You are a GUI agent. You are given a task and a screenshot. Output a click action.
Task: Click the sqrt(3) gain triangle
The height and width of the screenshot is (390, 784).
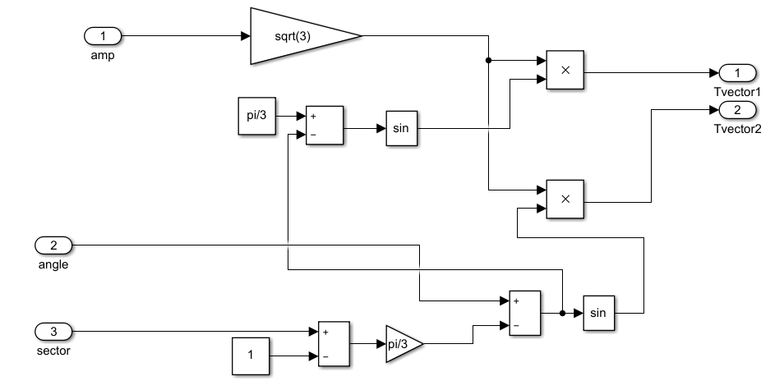[296, 36]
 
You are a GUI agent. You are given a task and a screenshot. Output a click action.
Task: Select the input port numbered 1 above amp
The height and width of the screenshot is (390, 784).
[103, 36]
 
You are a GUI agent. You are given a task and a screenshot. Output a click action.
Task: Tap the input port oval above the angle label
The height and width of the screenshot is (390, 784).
[53, 245]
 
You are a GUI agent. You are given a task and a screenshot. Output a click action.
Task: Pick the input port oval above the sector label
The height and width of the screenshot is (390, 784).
[53, 332]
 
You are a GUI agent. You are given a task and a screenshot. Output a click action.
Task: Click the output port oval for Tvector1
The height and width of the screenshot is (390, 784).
[737, 71]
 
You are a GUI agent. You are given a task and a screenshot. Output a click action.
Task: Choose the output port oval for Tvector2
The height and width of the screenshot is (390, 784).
[737, 110]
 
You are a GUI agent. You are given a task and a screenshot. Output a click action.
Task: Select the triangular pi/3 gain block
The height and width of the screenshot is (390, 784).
[402, 344]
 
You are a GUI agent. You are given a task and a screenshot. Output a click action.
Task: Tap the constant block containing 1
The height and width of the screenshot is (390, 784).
[252, 357]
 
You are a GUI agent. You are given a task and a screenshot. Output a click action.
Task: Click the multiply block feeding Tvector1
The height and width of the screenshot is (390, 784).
[565, 71]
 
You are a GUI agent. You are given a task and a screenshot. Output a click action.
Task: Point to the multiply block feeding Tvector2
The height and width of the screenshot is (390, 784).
[565, 200]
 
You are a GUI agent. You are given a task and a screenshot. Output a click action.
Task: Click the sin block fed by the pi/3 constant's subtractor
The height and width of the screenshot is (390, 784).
[403, 128]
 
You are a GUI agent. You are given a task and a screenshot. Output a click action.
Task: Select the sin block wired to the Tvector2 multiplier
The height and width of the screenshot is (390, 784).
[599, 313]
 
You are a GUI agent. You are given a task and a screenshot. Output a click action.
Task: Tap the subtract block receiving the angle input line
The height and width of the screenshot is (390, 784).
[524, 313]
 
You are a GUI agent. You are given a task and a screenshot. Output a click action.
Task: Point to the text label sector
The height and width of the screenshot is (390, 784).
[53, 351]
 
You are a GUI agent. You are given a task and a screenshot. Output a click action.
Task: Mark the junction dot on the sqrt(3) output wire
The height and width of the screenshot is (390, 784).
[489, 60]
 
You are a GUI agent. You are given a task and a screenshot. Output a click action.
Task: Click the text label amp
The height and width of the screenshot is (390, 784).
[102, 55]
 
